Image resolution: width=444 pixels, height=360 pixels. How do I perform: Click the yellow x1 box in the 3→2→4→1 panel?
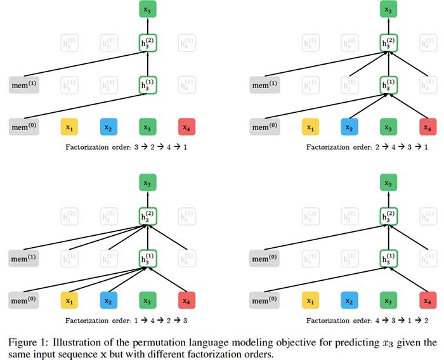pos(70,128)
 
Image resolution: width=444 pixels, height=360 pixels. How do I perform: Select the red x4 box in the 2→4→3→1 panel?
pos(427,128)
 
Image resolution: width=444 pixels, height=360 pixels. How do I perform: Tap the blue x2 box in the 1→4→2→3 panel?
pos(109,298)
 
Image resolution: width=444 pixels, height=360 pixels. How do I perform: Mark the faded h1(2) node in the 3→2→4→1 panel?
pos(70,44)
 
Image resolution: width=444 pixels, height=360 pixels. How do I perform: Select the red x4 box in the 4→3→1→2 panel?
pos(427,298)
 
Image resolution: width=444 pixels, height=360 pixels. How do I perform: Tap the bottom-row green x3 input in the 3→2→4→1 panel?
pos(147,128)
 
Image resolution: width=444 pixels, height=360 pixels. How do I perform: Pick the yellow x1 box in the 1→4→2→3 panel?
pos(70,298)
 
